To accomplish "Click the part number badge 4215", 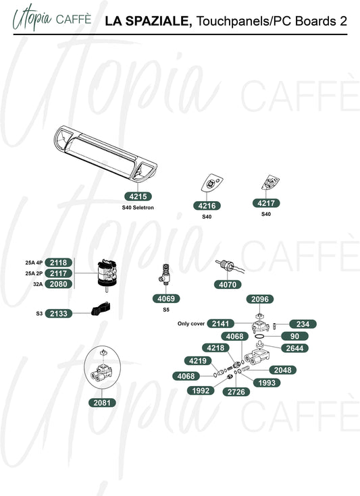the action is click(138, 196).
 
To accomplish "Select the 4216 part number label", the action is click(207, 206).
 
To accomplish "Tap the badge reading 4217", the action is click(266, 203).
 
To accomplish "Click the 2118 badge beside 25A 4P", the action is click(59, 263).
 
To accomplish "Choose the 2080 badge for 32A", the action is click(59, 284).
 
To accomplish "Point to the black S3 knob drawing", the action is click(101, 309).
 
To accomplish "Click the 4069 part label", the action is click(166, 298).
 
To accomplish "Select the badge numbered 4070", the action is click(228, 284).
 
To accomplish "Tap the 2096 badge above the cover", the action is click(260, 299).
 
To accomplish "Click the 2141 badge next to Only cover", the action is click(220, 324).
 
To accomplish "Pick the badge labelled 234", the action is click(303, 324).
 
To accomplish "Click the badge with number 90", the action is click(294, 336).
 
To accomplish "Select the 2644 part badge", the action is click(294, 348).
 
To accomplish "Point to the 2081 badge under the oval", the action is click(102, 403).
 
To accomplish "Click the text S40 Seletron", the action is click(138, 208).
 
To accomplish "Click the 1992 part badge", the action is click(201, 391).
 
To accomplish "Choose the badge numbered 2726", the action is click(236, 392).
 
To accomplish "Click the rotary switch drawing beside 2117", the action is click(107, 274).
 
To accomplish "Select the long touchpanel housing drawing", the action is click(105, 154).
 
